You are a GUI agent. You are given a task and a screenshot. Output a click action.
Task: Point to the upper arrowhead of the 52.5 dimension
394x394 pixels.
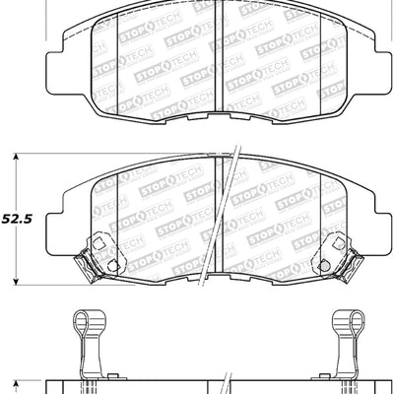pos(17,158)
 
